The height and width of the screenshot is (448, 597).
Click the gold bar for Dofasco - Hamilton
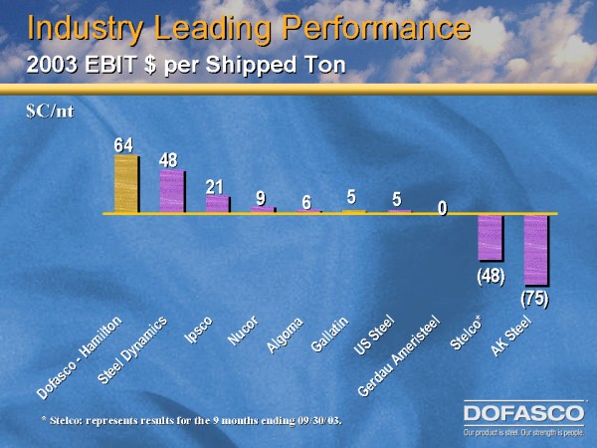(x=126, y=184)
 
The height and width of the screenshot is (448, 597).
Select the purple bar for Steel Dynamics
(x=171, y=190)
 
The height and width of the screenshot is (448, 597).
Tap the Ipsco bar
(x=217, y=203)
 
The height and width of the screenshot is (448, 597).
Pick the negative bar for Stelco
(x=491, y=237)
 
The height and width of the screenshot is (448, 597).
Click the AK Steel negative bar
(x=536, y=249)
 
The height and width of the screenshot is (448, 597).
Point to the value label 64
(x=123, y=145)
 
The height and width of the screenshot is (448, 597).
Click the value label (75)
(x=535, y=297)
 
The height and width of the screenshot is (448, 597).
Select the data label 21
(x=214, y=187)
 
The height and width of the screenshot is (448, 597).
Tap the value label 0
(x=443, y=208)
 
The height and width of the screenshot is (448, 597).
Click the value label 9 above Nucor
(x=261, y=198)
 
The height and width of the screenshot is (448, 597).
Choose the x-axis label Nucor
(x=244, y=331)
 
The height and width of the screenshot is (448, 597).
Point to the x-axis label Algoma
(x=286, y=335)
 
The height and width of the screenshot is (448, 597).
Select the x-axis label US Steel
(x=375, y=336)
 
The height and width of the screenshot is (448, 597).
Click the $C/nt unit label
(x=50, y=112)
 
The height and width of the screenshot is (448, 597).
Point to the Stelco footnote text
(x=184, y=420)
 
